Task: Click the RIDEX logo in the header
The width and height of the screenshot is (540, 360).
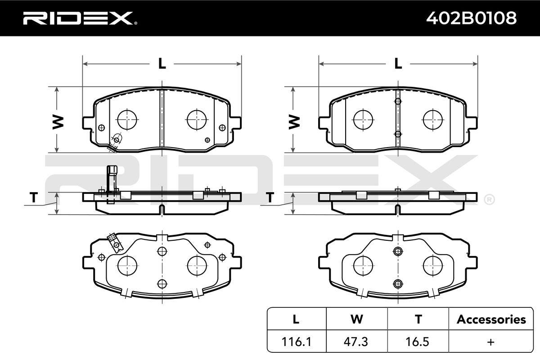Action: (80, 18)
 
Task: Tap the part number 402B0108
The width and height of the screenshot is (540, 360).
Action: (471, 18)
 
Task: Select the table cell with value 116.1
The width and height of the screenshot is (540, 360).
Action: (296, 342)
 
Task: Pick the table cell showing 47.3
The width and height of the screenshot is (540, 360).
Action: (356, 342)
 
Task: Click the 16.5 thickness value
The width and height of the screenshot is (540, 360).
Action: (417, 342)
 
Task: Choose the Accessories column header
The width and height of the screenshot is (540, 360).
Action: (491, 319)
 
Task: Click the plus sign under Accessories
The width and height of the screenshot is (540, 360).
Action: (491, 342)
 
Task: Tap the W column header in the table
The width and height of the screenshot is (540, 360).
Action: (357, 319)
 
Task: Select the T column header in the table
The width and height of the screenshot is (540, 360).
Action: (418, 319)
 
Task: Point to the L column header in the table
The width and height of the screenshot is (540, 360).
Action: (296, 319)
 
